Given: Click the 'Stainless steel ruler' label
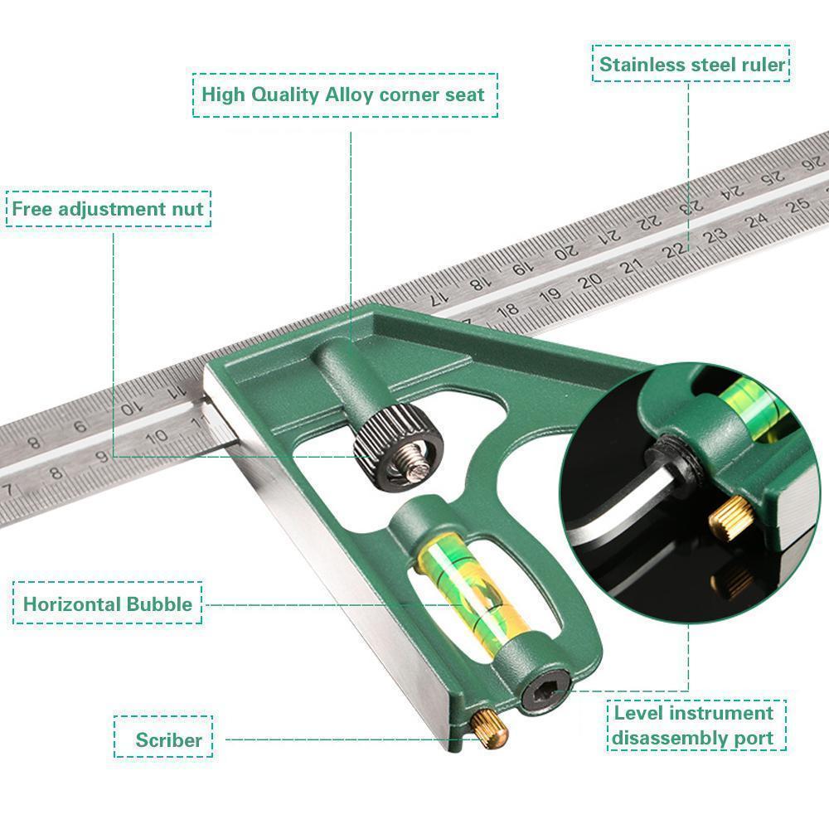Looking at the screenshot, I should [691, 65].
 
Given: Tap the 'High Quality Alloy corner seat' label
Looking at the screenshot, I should [343, 94].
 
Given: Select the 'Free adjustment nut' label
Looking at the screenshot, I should [108, 209].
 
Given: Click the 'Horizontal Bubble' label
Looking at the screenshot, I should [107, 604].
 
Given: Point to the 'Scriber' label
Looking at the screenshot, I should [169, 739].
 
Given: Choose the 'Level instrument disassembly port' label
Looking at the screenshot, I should [693, 725].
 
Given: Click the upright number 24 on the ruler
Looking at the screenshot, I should [755, 222].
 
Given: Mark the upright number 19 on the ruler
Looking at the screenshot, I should [550, 294].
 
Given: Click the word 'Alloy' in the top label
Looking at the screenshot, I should [347, 94].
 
